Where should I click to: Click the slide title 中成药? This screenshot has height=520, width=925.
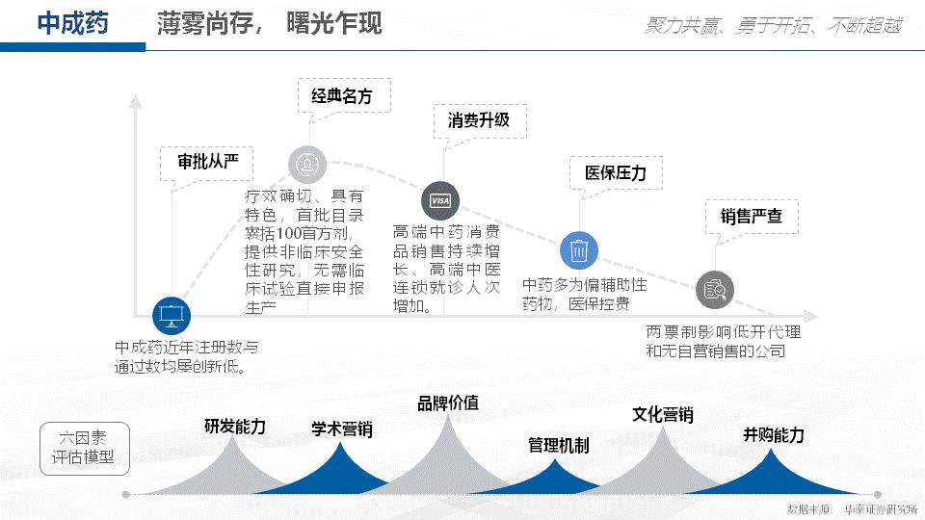coord(72,24)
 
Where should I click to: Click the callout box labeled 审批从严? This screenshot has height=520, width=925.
coord(208,162)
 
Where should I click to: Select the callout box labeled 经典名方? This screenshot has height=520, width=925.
coord(341,96)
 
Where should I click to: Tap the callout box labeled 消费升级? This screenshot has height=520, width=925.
coord(478,120)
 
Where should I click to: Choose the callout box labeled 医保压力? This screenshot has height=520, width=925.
coord(616,173)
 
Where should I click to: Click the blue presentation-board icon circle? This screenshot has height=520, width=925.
coord(172,314)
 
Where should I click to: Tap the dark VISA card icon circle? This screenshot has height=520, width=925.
coord(439,200)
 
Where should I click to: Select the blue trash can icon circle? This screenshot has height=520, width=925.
coord(579,250)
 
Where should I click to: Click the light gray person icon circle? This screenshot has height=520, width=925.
coord(307,164)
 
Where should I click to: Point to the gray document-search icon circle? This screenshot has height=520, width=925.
coord(715,289)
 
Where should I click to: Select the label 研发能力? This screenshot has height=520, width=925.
coord(234,426)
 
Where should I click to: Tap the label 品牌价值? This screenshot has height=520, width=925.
coord(447,403)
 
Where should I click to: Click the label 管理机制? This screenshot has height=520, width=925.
coord(558,445)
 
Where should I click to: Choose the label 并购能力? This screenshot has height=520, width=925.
coord(773,434)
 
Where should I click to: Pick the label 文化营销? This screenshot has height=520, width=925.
coord(662,415)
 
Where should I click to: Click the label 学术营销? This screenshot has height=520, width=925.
coord(341,429)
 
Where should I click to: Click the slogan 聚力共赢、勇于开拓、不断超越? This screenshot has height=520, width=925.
coord(772,26)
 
